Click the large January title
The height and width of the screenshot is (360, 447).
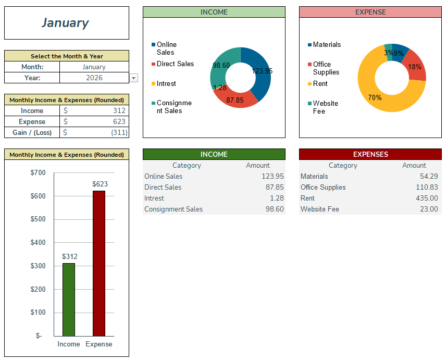tap(66, 23)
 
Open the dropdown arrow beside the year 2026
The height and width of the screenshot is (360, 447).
tap(133, 78)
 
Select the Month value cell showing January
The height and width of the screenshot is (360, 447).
tap(94, 67)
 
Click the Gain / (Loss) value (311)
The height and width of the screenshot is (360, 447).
tap(118, 132)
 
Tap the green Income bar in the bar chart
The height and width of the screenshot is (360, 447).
tap(69, 300)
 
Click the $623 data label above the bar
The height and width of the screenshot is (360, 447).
tap(100, 184)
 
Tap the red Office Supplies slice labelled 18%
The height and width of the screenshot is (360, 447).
tap(416, 67)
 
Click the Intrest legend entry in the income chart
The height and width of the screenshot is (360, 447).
tap(166, 83)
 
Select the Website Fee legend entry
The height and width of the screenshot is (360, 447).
tap(325, 107)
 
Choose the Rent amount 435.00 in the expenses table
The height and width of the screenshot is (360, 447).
tap(427, 198)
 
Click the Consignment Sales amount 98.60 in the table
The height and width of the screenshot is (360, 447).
tap(272, 209)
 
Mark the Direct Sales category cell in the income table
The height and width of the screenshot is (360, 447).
tap(163, 187)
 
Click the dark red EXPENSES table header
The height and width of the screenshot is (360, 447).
tap(370, 154)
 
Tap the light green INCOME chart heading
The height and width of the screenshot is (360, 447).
tap(214, 12)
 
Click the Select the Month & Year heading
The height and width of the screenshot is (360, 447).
tap(67, 56)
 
